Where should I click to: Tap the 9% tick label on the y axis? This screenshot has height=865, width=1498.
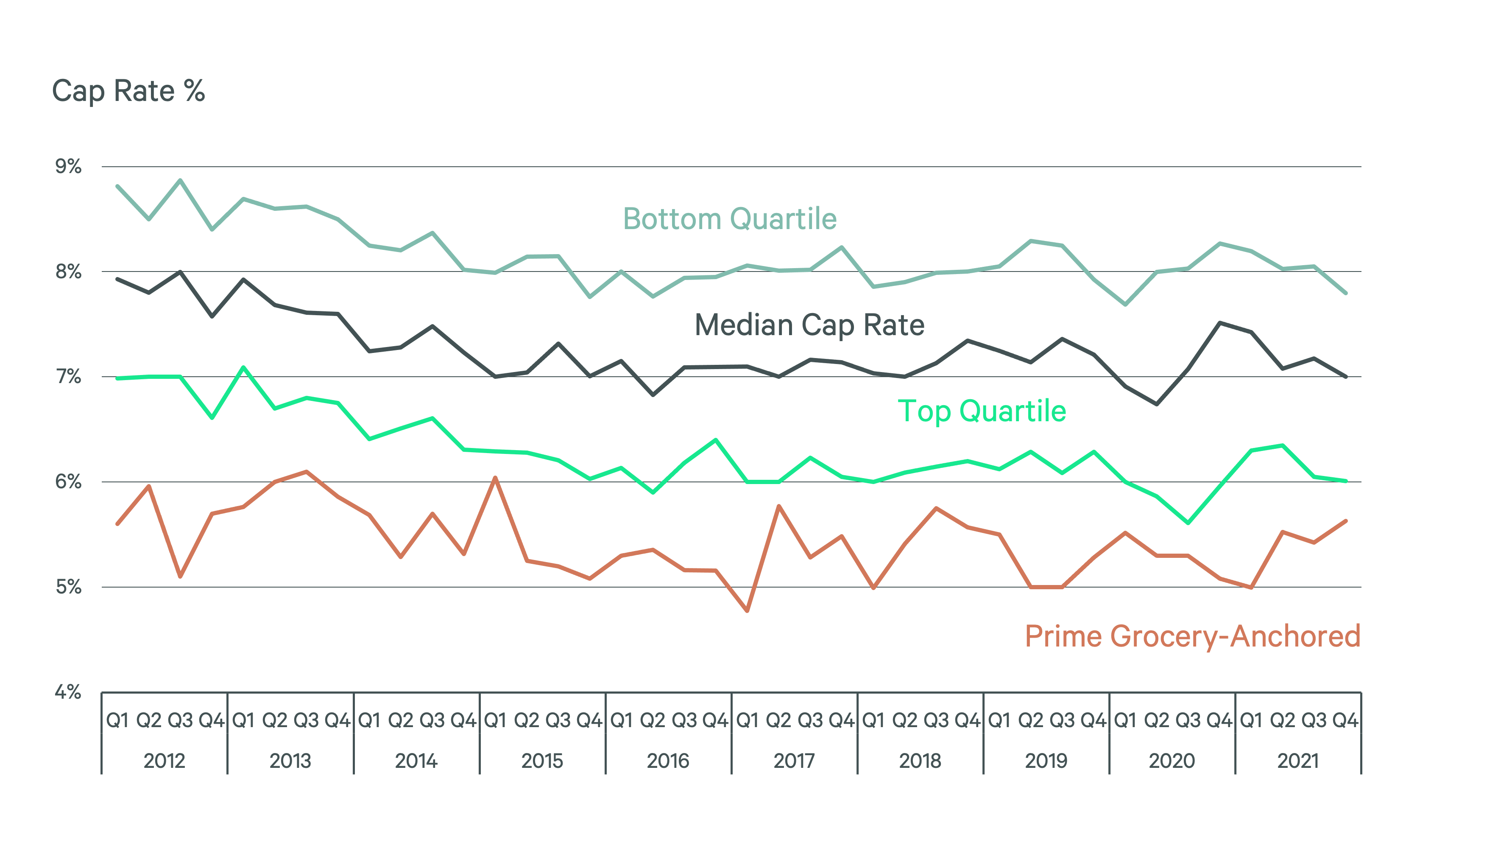[x=68, y=166]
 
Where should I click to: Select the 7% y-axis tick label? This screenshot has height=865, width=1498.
[x=68, y=377]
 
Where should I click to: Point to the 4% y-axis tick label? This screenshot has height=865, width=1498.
[x=68, y=691]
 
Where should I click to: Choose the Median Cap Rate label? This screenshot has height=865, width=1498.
[x=809, y=325]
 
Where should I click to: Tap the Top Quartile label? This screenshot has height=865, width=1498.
[x=982, y=411]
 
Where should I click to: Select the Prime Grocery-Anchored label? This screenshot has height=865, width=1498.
[x=1192, y=636]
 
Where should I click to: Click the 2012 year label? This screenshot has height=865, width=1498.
[x=165, y=761]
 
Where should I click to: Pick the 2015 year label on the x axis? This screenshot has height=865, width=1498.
[x=542, y=761]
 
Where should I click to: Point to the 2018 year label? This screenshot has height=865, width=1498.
[x=920, y=761]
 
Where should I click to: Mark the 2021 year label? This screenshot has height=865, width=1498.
[x=1298, y=761]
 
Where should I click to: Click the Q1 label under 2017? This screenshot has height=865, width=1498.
[x=748, y=721]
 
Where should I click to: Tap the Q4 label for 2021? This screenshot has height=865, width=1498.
[x=1345, y=721]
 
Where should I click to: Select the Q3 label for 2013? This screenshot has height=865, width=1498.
[x=307, y=721]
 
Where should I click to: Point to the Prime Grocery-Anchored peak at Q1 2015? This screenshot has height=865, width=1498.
[x=495, y=477]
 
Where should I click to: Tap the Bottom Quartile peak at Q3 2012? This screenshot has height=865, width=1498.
[x=181, y=179]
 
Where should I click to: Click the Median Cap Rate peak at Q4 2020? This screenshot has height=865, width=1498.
[x=1219, y=322]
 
